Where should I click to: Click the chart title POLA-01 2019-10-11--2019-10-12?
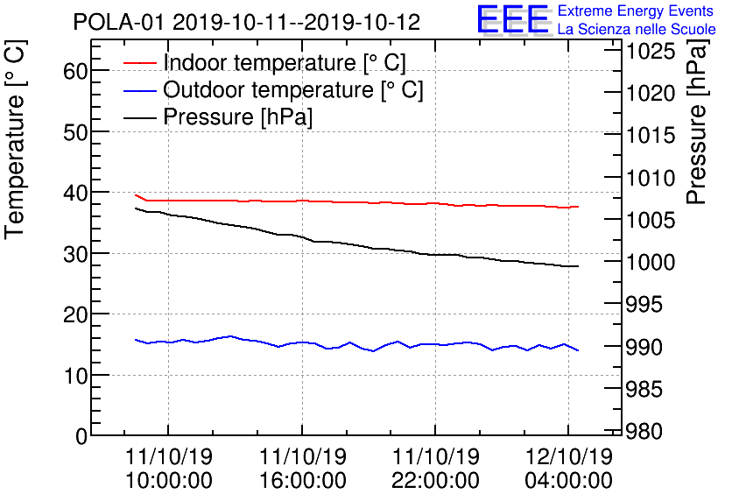click(x=246, y=21)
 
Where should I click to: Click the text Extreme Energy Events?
click(x=637, y=11)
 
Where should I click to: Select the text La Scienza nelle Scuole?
click(x=637, y=30)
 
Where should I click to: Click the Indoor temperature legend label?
click(x=285, y=63)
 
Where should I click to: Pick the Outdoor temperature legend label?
click(x=293, y=90)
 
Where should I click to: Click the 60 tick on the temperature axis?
click(x=75, y=71)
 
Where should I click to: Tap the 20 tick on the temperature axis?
click(x=75, y=314)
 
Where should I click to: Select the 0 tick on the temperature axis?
click(x=81, y=435)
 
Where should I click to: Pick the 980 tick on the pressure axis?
click(x=646, y=433)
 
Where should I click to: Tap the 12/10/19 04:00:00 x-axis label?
click(x=568, y=469)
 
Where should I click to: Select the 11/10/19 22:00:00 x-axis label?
click(x=435, y=469)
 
